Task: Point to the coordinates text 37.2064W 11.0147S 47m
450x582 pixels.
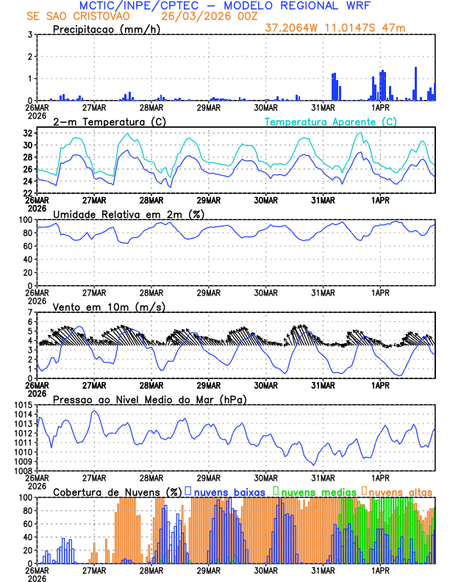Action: click(335, 29)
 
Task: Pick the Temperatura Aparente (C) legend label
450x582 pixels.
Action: click(330, 121)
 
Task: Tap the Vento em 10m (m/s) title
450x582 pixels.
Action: click(109, 306)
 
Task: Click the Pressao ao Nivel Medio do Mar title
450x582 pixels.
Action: click(149, 398)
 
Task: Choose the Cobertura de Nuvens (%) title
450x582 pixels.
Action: click(117, 491)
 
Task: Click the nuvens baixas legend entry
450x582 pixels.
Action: click(228, 491)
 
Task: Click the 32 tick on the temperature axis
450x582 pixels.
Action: click(28, 133)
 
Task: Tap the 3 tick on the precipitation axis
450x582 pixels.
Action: click(29, 35)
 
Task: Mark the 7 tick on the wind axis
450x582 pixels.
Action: click(29, 313)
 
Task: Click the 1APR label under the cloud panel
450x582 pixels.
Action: click(380, 570)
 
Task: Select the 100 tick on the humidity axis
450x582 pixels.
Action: click(25, 220)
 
